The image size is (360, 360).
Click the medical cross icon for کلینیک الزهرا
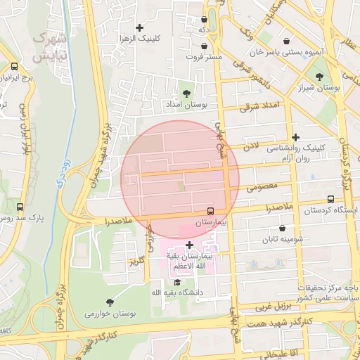[140, 27]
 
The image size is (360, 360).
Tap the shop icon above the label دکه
[204, 20]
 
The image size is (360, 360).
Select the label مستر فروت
[205, 56]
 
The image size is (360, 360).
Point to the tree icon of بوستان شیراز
[320, 77]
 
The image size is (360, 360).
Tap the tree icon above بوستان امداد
[186, 93]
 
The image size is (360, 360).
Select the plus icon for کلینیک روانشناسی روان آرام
[296, 138]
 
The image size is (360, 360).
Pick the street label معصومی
[273, 186]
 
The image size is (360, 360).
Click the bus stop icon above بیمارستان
[211, 211]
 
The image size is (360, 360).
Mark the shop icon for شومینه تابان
[283, 228]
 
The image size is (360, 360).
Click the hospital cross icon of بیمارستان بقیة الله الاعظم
[189, 245]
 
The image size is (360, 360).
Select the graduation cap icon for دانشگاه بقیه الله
[176, 281]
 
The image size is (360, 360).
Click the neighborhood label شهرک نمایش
[50, 46]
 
